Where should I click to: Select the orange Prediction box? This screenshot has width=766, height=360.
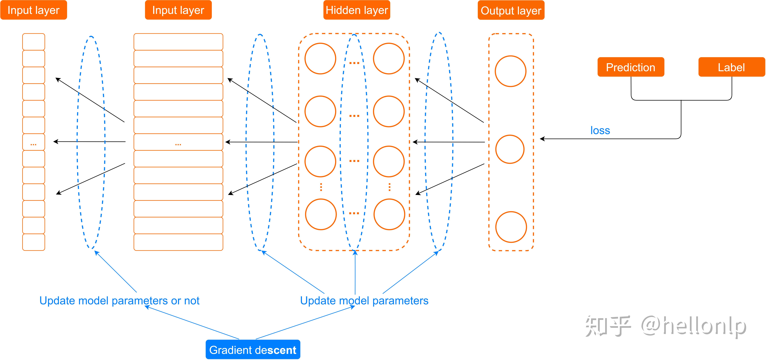coord(631,67)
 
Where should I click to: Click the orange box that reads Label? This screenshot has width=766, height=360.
coord(731,67)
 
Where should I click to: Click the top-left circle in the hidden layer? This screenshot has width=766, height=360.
coord(320,59)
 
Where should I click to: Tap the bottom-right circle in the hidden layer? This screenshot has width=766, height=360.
coord(389,214)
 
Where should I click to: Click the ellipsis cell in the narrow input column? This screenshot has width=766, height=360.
coord(34,142)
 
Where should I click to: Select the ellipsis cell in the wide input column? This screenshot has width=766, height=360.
coord(178,142)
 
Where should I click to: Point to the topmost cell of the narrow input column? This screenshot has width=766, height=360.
coord(34,42)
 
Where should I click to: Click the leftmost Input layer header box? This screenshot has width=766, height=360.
coord(34,10)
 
